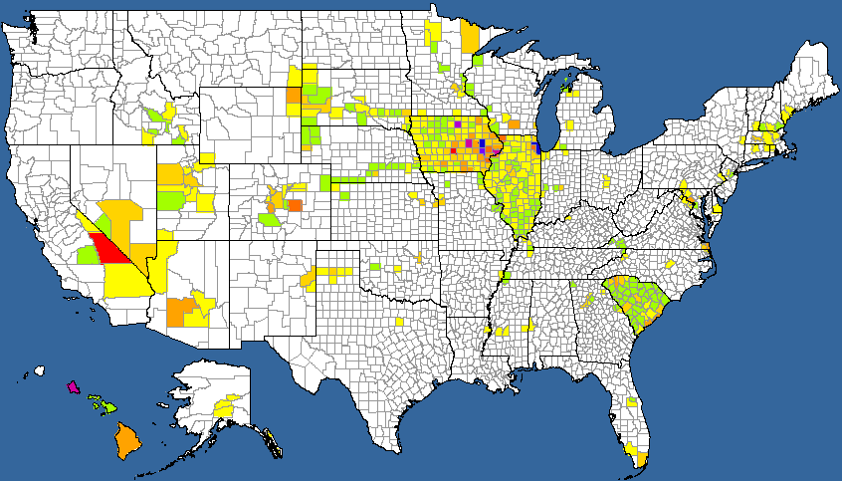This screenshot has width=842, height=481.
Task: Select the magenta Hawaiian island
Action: (72, 386)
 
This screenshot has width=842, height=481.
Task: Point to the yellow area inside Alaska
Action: (226, 407)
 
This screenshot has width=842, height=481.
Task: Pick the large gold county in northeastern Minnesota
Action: (470, 37)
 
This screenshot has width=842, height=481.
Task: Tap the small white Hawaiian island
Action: (40, 371)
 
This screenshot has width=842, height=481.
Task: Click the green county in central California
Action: (87, 254)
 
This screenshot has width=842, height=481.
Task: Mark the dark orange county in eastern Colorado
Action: (295, 205)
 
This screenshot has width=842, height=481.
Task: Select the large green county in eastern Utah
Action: (170, 200)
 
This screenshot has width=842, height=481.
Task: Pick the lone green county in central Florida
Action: (631, 402)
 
